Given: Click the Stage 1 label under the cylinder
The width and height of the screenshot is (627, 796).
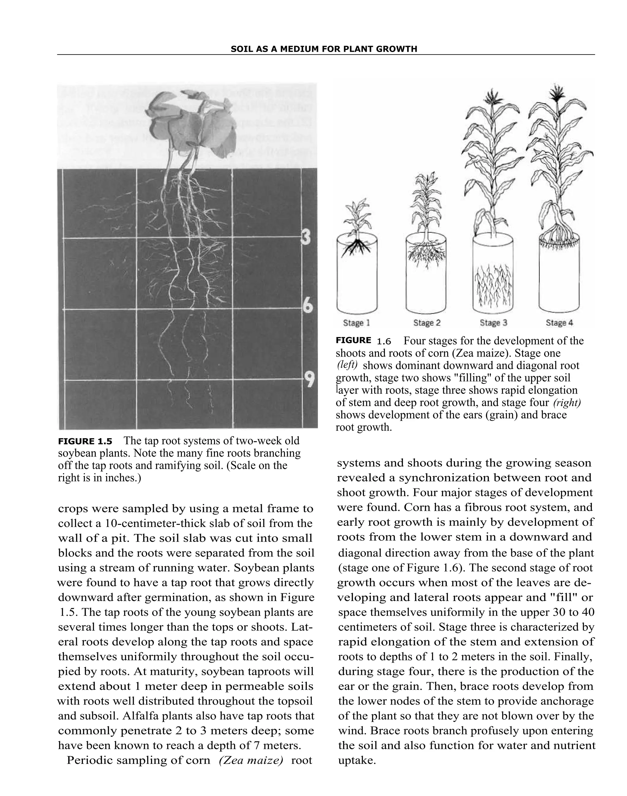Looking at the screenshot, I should (356, 323).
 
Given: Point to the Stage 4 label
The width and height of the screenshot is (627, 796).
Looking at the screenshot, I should (559, 323).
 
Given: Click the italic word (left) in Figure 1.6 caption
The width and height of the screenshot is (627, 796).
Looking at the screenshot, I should (347, 365).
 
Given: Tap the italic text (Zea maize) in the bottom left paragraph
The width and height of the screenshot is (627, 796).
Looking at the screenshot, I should (251, 760).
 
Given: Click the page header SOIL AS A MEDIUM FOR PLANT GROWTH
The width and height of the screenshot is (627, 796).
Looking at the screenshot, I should (324, 49).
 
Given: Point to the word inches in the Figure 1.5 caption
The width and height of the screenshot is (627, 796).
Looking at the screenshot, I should (121, 478).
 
